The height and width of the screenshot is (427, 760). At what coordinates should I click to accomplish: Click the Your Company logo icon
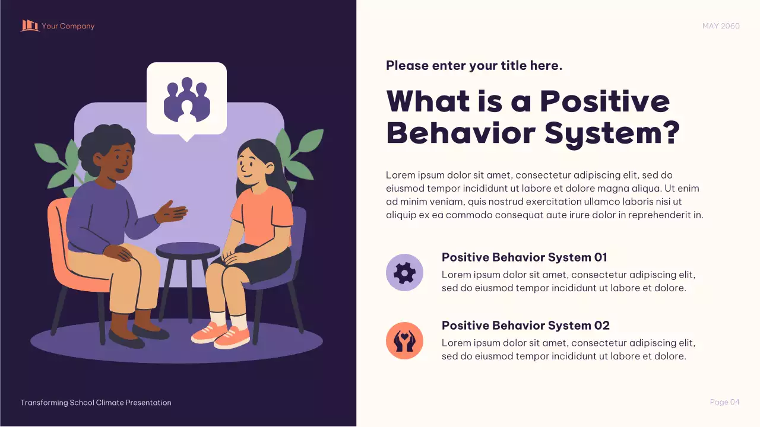click(x=30, y=26)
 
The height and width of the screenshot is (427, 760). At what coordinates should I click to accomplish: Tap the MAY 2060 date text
click(x=721, y=26)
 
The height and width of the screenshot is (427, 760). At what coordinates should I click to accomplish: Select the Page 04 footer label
click(x=724, y=402)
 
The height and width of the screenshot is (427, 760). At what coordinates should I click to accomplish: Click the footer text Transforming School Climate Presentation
click(x=96, y=403)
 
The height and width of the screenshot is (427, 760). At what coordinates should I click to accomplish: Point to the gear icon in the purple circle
click(x=404, y=273)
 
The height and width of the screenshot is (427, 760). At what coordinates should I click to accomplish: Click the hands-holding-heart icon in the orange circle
click(x=404, y=341)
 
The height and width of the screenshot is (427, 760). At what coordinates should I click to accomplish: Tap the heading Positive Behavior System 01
click(x=524, y=257)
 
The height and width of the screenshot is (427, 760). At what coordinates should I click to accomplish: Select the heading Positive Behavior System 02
click(x=525, y=326)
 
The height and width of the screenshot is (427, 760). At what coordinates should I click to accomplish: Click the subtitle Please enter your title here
click(x=474, y=66)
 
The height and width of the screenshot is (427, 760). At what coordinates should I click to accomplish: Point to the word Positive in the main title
click(x=605, y=101)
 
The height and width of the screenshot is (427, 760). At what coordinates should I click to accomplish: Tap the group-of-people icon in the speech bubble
click(x=187, y=99)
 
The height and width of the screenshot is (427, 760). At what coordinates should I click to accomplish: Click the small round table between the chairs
click(x=188, y=250)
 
